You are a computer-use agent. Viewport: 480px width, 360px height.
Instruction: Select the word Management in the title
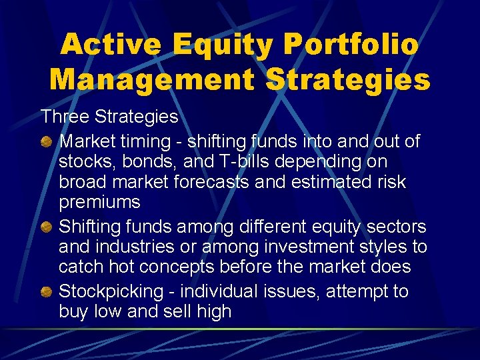pos(151,79)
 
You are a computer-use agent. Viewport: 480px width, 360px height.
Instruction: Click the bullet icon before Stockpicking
pos(47,292)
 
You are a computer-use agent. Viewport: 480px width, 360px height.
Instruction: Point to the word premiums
pos(99,202)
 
